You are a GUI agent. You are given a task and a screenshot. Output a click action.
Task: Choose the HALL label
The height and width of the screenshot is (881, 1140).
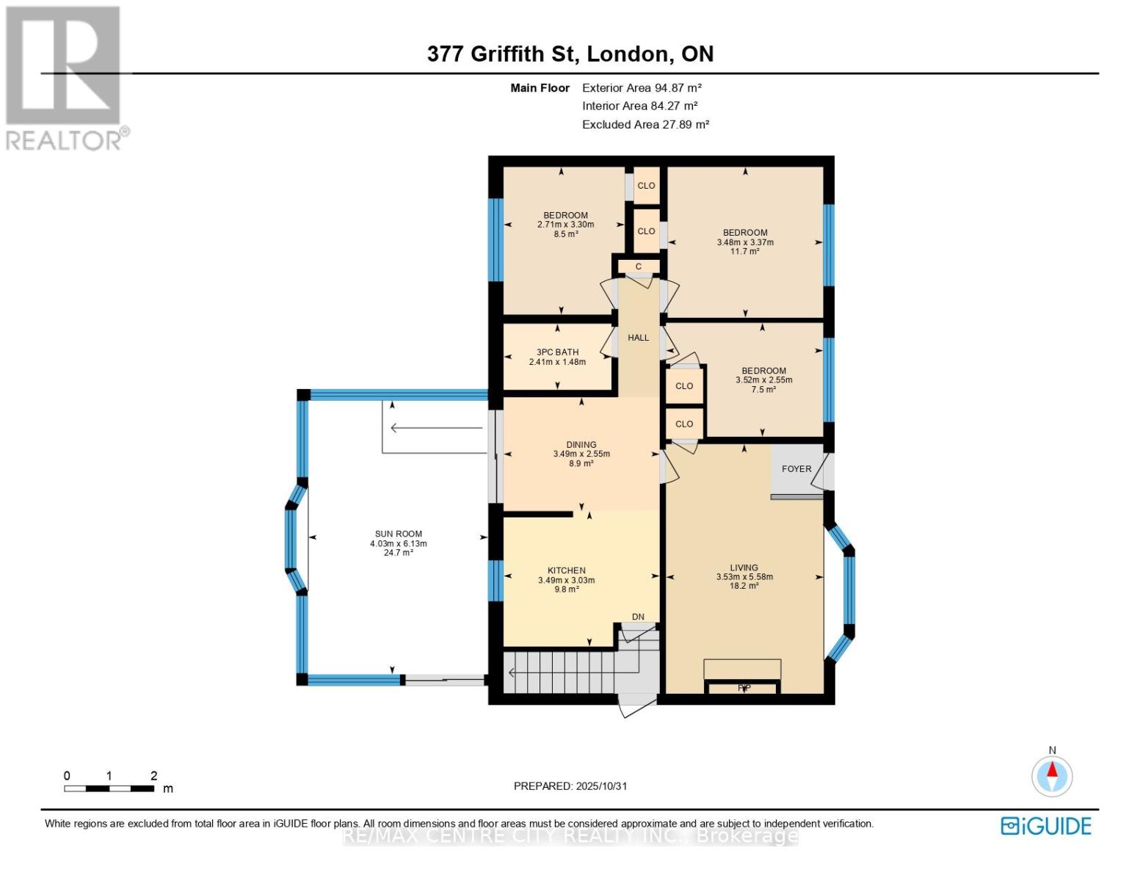click(638, 338)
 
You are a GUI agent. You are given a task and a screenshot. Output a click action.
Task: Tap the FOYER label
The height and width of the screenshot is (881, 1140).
click(796, 469)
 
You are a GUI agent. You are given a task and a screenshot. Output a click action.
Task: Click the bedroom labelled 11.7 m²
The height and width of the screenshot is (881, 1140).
click(745, 242)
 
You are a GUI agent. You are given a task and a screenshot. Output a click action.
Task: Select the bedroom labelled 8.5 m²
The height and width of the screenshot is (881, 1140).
click(565, 224)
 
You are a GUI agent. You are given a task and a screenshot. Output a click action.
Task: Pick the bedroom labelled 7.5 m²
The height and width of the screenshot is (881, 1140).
click(763, 380)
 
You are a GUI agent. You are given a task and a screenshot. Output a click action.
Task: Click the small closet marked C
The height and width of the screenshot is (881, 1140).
click(639, 267)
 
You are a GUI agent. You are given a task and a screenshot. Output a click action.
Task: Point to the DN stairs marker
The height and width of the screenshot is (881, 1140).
click(638, 617)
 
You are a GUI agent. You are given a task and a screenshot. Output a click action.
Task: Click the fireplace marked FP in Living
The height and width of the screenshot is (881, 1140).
click(744, 688)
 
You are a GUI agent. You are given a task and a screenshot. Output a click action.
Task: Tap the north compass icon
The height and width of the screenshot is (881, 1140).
click(1052, 775)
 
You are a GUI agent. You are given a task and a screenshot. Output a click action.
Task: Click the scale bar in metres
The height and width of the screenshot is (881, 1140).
click(109, 788)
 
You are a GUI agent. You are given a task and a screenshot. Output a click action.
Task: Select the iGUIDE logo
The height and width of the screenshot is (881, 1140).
click(1046, 826)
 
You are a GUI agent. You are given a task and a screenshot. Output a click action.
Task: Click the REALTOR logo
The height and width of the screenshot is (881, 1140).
click(65, 77)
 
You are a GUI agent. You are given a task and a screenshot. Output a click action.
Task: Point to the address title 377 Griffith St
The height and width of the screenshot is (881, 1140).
click(570, 54)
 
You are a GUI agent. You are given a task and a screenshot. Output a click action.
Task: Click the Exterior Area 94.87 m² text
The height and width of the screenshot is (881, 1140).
click(642, 87)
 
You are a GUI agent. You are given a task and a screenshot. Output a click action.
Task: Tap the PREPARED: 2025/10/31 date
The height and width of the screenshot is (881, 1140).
click(570, 786)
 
